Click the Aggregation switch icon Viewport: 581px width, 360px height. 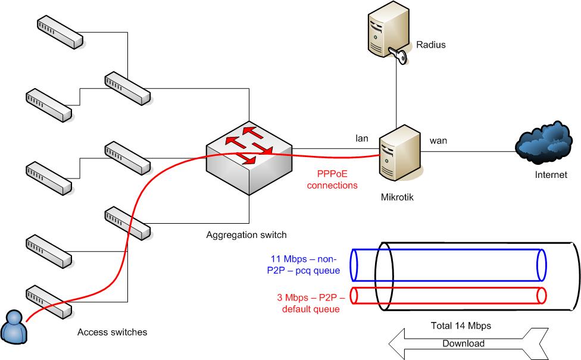249,160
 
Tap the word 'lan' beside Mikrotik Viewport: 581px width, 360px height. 362,139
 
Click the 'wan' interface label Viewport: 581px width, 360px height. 438,141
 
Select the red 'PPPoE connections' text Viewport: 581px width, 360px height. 337,180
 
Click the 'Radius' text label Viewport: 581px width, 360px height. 430,45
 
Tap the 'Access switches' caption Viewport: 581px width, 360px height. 112,331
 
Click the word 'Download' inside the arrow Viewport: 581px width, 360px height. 463,343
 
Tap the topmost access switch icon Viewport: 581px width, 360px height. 59,33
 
